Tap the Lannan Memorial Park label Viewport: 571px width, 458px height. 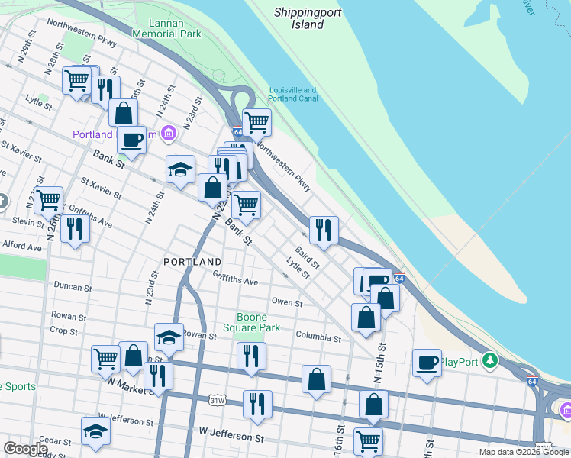166,28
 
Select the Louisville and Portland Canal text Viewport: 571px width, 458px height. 292,95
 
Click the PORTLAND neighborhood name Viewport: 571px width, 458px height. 192,262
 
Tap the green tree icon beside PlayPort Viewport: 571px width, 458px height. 494,360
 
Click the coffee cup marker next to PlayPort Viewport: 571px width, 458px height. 427,362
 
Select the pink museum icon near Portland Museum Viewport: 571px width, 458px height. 169,134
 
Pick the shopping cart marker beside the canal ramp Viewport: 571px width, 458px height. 256,121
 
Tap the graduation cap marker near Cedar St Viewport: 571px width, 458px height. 96,431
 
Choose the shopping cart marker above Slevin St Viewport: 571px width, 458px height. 48,200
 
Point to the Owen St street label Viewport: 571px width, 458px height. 287,302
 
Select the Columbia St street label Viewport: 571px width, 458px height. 318,337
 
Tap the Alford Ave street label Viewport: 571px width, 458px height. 22,247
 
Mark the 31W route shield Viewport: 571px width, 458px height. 218,399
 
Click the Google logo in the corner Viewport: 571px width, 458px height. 25,448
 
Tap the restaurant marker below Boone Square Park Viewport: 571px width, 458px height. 250,355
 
